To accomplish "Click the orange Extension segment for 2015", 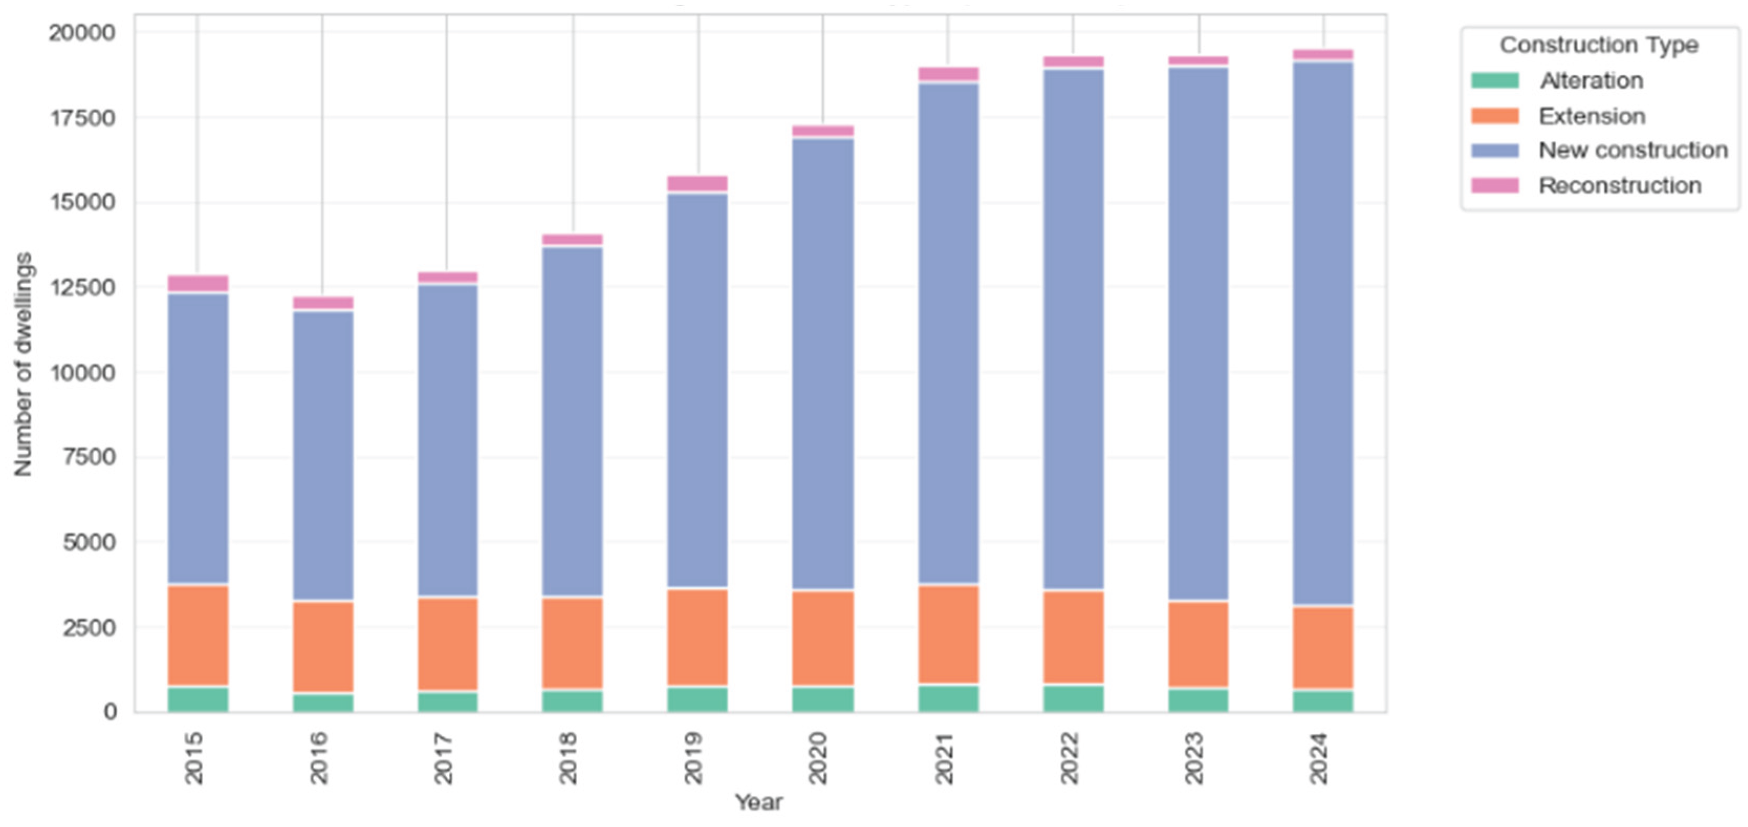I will click(198, 635).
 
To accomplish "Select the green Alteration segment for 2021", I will click(948, 698).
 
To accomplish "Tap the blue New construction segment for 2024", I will click(1323, 332).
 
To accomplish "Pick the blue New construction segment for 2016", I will click(322, 455).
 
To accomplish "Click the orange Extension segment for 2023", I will click(1198, 643).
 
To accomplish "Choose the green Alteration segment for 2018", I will click(572, 701).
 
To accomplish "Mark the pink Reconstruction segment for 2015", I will click(198, 283).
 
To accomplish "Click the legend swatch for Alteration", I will click(1494, 81).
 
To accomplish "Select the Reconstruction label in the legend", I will click(1619, 185).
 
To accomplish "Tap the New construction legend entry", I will click(1632, 150).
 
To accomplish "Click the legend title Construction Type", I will click(1599, 45).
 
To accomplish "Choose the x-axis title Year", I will click(759, 802).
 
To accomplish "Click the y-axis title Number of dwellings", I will click(23, 364).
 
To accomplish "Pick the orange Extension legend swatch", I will click(1494, 116).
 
